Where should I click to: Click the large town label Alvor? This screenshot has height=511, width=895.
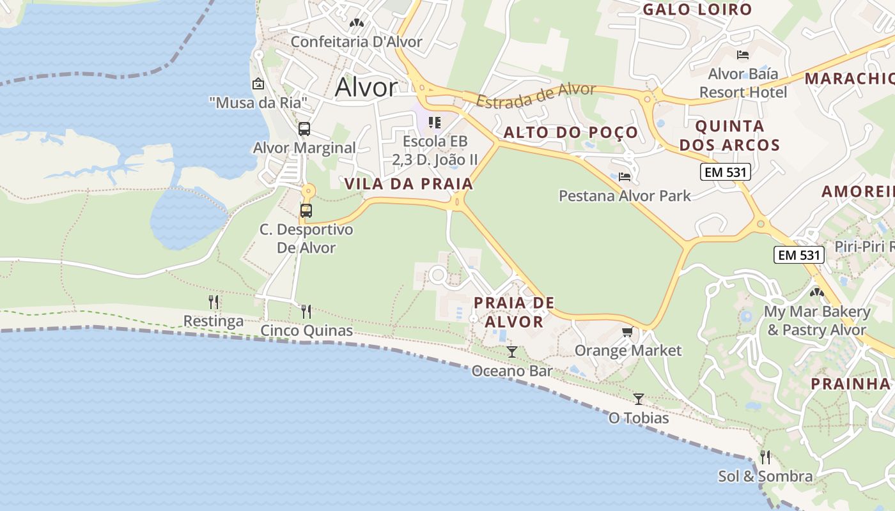coord(366,88)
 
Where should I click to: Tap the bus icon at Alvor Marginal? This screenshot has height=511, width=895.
coord(304,129)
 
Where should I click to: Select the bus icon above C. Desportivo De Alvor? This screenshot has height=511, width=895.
coord(306,211)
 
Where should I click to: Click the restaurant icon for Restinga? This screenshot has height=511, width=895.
coord(214,301)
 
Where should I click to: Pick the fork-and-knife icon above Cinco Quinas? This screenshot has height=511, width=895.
coord(306,312)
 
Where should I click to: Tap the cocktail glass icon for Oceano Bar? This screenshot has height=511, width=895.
coord(511,352)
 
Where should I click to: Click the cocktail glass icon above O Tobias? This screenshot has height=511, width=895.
coord(638,399)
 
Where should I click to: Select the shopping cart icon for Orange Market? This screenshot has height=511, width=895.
coord(627,332)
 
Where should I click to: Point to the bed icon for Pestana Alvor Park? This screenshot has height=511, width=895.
coord(625,176)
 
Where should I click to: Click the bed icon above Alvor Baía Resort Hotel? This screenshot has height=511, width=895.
coord(742,55)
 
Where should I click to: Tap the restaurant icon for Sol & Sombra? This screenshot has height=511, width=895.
coord(765,457)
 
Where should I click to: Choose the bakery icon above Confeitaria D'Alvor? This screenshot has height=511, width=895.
coord(356,23)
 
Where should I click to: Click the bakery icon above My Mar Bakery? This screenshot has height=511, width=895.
coord(816,293)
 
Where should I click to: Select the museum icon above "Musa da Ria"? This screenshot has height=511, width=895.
coord(258,84)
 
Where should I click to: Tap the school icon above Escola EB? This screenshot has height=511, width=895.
coord(435,122)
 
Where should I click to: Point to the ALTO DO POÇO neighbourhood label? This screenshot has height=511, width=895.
coord(571,132)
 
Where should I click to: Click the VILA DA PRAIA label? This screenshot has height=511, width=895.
coord(409,184)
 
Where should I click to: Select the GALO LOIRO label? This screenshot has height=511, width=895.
coord(697,10)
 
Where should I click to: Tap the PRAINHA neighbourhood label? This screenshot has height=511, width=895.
coord(850,384)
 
